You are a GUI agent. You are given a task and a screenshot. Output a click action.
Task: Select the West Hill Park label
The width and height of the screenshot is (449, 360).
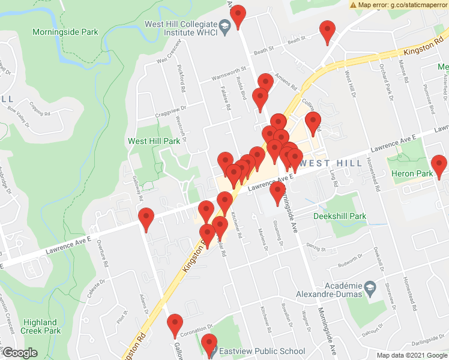click(154, 142)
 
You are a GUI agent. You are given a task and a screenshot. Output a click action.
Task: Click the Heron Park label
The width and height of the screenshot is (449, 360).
click(412, 174)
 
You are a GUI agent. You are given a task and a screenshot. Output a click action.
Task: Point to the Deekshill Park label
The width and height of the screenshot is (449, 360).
click(340, 215)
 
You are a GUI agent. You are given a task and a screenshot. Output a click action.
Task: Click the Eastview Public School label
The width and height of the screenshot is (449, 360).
click(262, 351)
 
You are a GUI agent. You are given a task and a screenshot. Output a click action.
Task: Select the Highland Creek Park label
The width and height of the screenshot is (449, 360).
click(40, 326)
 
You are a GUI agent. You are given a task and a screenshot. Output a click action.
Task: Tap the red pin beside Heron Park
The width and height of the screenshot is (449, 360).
click(439, 166)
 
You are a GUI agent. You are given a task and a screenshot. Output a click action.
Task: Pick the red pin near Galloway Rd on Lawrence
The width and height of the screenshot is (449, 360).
click(146, 219)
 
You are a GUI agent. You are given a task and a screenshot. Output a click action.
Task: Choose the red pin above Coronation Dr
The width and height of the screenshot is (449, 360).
click(175, 326)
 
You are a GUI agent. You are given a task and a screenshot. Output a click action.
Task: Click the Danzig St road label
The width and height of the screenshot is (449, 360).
click(315, 248)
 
